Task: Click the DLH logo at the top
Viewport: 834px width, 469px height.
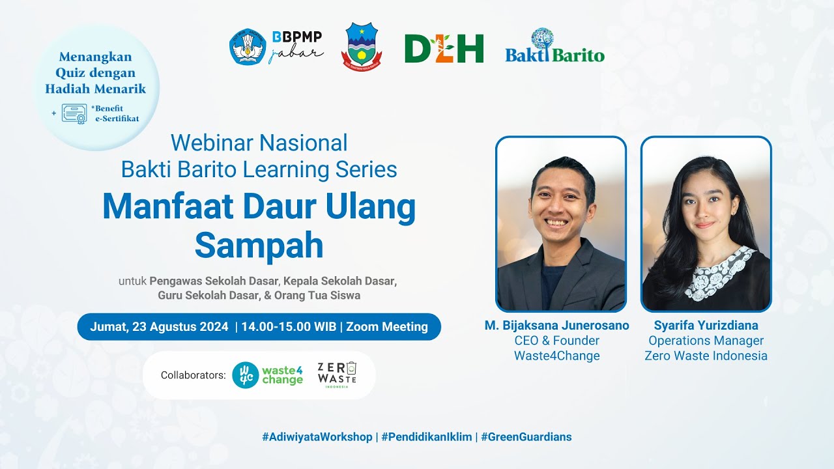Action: coord(444,49)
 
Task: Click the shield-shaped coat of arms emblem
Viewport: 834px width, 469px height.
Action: coord(362,47)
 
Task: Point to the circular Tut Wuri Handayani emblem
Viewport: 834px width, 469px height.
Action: coord(248,47)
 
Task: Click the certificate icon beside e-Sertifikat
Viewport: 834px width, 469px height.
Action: coord(74,113)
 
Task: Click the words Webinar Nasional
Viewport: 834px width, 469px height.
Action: coord(259,143)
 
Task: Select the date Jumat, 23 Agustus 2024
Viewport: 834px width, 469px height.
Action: coord(159,327)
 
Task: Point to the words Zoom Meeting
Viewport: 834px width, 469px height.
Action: coord(387,327)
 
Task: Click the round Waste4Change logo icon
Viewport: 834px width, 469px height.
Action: coord(245,375)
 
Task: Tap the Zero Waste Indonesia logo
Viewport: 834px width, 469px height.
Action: coord(337,375)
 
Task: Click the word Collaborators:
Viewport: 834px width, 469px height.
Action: coord(193,375)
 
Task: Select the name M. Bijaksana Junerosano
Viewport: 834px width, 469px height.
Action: coord(556,325)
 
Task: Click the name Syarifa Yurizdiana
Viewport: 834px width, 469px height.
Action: coord(706,325)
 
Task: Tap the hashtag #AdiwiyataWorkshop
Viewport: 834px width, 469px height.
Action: coord(317,437)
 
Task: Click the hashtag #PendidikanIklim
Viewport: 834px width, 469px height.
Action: coord(426,437)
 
